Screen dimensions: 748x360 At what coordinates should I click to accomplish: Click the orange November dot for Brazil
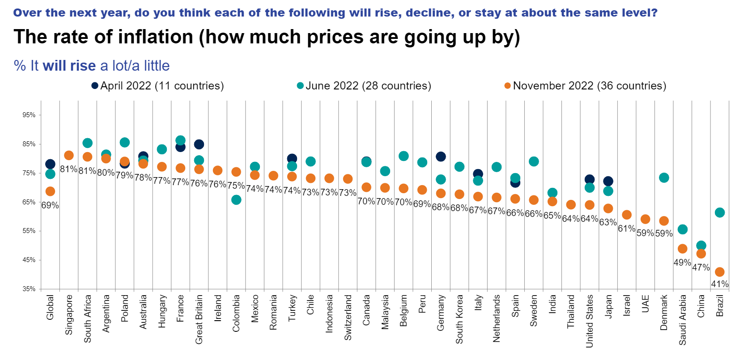pos(720,272)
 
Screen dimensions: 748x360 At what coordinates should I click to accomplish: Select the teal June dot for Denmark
pos(664,178)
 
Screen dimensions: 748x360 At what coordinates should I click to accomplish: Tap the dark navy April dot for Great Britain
pos(199,144)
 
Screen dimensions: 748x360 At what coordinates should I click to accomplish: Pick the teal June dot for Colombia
pos(236,200)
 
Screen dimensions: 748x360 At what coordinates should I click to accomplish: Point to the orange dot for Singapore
pos(69,155)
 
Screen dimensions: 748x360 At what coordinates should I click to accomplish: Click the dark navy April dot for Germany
pos(441,156)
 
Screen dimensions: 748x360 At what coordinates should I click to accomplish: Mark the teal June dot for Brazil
pos(720,212)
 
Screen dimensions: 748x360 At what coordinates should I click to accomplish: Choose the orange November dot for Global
pos(50,191)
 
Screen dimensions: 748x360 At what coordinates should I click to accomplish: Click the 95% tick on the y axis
pos(29,115)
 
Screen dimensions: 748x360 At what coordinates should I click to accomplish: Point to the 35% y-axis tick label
pos(29,289)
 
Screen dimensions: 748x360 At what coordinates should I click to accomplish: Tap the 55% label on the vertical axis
pos(29,231)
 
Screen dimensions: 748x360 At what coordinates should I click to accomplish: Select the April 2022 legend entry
pos(157,86)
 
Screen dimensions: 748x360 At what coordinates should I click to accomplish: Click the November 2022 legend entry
pos(585,86)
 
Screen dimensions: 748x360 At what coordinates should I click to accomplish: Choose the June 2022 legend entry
pos(364,86)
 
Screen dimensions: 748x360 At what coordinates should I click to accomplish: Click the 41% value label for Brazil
pos(720,284)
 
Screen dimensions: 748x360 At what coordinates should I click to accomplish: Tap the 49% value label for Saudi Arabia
pos(682,263)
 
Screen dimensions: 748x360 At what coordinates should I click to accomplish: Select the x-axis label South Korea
pos(459,319)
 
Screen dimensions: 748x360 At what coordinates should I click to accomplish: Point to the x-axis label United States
pos(589,321)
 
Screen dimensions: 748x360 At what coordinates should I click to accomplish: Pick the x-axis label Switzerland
pos(348,317)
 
